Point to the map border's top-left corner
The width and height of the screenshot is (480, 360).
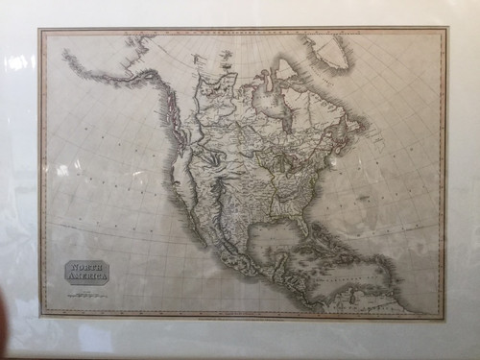point(40,30)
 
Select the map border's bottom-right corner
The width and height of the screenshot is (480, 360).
point(444,316)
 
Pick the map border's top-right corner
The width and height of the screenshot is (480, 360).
point(445,30)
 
